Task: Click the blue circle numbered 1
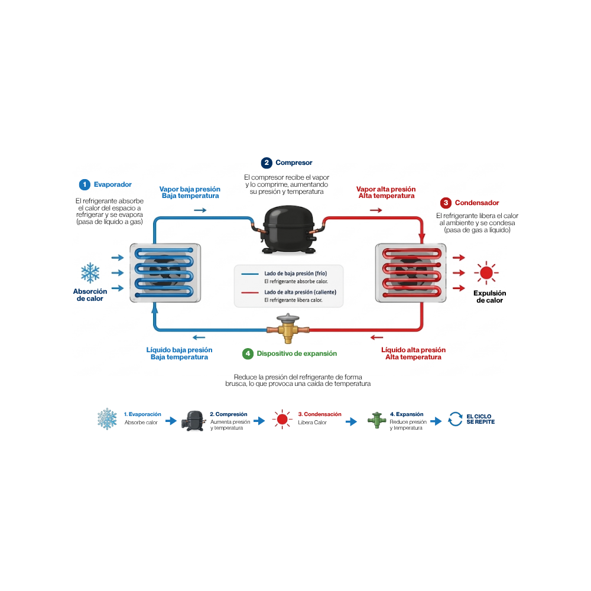85,184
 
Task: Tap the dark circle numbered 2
267,163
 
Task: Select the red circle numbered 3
446,203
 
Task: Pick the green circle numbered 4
248,353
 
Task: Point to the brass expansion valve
288,329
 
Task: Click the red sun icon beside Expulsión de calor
486,272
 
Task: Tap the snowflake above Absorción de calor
90,272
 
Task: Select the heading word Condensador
477,203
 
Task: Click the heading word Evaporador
113,184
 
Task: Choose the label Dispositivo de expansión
297,353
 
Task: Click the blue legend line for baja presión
250,274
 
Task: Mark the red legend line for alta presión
250,293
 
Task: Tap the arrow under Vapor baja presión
200,210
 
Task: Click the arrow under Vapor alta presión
376,210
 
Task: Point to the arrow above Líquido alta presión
377,337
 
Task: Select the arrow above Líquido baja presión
199,337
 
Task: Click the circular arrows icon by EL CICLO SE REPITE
455,419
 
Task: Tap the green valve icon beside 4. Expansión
376,420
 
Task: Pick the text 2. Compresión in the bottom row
228,414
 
